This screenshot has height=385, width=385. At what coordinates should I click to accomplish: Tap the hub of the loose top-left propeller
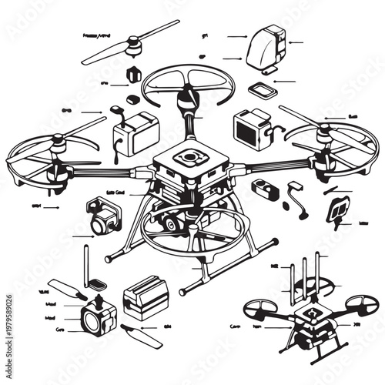(x=134, y=49)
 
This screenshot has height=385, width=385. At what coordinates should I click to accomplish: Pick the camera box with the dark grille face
(x=251, y=129)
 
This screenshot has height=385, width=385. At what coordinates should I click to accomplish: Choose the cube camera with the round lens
(x=98, y=316)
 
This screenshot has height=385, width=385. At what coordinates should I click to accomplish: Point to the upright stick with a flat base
(x=87, y=266)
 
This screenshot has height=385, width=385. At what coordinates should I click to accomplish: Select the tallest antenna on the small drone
(x=303, y=273)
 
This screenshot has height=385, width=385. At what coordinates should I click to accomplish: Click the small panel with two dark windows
(x=339, y=208)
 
